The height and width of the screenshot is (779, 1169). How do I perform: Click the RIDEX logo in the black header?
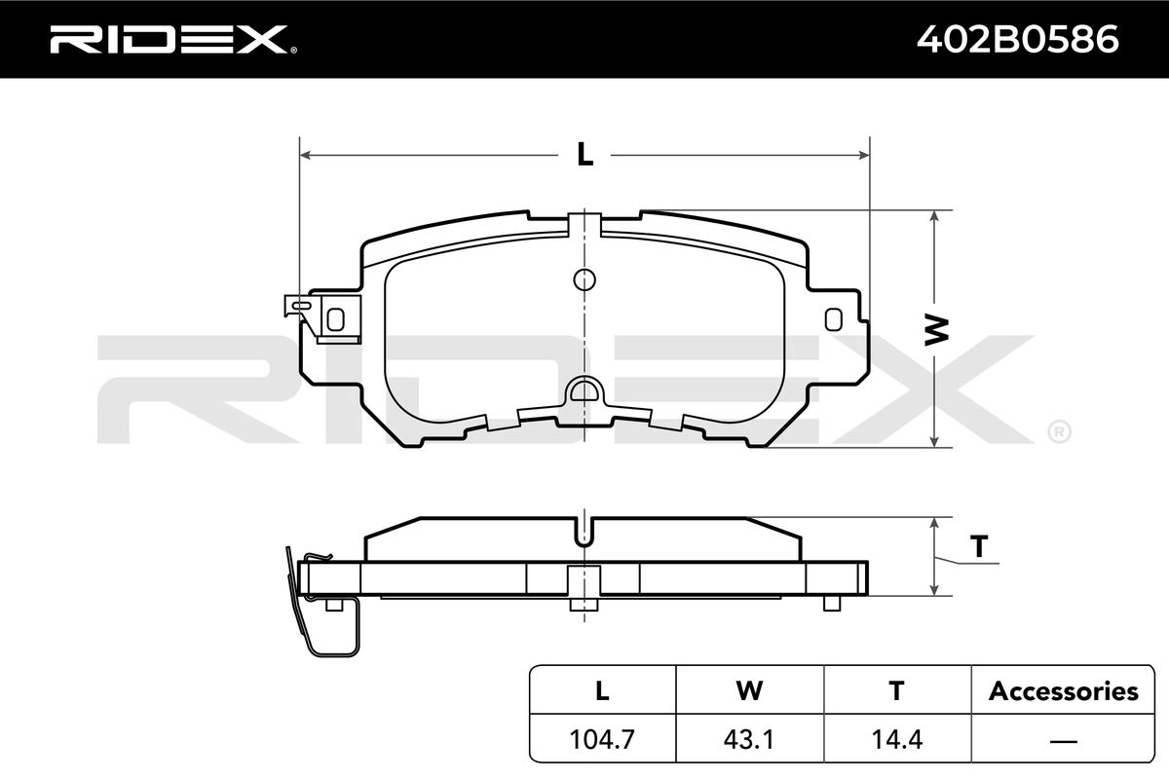pyautogui.click(x=173, y=40)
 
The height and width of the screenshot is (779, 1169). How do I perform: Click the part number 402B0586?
pyautogui.click(x=1018, y=40)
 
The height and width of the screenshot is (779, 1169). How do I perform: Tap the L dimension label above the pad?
pyautogui.click(x=585, y=155)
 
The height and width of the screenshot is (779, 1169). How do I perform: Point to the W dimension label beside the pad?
pyautogui.click(x=936, y=329)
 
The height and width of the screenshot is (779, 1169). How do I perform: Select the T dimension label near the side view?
pyautogui.click(x=979, y=547)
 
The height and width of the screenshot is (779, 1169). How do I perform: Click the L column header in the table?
pyautogui.click(x=602, y=690)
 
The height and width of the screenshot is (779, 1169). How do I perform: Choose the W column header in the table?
pyautogui.click(x=749, y=690)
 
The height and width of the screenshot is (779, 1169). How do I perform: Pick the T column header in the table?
pyautogui.click(x=896, y=690)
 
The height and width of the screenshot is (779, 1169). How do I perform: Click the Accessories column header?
pyautogui.click(x=1063, y=691)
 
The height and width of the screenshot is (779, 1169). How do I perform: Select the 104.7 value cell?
pyautogui.click(x=602, y=739)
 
